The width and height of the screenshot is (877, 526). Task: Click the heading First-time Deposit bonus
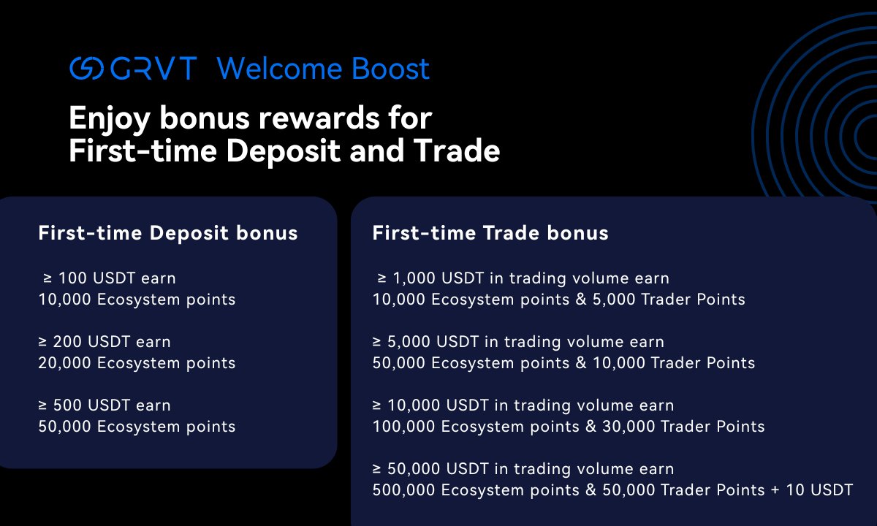pos(168,233)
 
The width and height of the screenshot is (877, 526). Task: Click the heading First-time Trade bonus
pos(490,233)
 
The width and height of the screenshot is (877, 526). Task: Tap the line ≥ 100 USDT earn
pos(109,278)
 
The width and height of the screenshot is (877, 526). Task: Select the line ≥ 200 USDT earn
pos(105,342)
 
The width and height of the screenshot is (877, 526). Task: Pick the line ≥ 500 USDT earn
pos(105,405)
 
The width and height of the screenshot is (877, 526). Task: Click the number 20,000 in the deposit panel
pos(64,363)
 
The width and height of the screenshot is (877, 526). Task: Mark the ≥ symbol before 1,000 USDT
pos(381,278)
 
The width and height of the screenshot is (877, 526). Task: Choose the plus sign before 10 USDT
pos(775,490)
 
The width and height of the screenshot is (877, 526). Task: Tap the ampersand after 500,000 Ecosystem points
pos(591,490)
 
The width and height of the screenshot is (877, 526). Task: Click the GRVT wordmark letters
pos(153,68)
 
